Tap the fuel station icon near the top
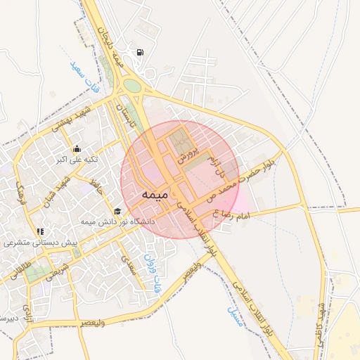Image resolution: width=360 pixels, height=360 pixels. [x=141, y=53]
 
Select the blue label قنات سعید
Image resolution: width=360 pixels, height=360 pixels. [x=86, y=78]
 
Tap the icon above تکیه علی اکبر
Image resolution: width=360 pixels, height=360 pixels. [x=77, y=148]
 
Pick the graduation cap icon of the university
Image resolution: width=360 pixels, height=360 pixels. [x=117, y=211]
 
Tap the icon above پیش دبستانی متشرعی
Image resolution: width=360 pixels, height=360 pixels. [x=40, y=231]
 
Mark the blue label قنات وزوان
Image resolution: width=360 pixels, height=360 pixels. [x=150, y=273]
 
